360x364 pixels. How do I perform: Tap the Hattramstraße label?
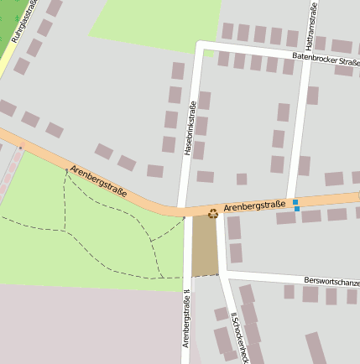coord(311,26)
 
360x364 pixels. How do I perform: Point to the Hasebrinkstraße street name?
coord(190,128)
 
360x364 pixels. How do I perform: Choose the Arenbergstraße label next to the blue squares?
coord(254,204)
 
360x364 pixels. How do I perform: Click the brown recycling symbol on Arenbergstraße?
coord(212,214)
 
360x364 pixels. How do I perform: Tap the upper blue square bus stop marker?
coord(296,202)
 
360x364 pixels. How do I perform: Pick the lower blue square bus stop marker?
coord(297,209)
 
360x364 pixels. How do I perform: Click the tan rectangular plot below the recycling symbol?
coord(205,245)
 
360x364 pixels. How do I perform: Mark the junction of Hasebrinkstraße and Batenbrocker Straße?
coord(199,44)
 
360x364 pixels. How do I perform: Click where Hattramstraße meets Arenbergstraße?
coord(291,200)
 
